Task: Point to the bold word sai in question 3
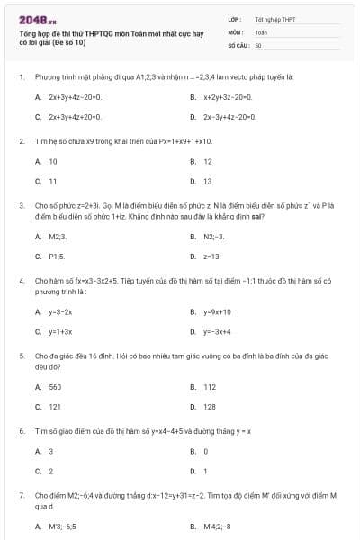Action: click(260, 216)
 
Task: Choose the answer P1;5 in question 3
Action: click(57, 256)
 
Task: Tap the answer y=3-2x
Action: click(60, 311)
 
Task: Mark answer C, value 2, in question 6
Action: click(50, 471)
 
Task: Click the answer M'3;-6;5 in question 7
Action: click(62, 526)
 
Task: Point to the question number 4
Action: click(21, 281)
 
